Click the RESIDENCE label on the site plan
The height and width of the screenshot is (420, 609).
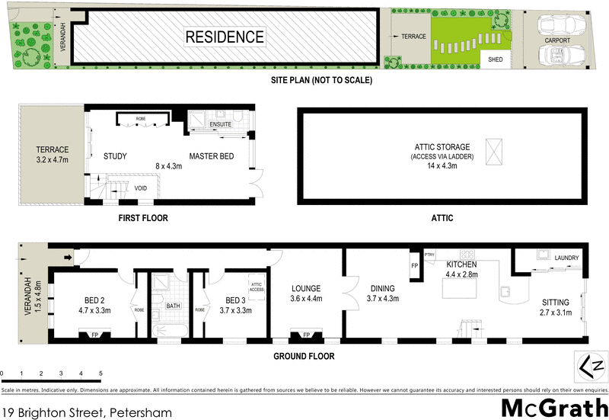[x=225, y=37]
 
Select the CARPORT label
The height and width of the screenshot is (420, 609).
[x=557, y=40]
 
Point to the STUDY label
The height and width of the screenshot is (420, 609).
[x=114, y=156]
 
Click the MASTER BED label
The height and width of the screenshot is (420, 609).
[x=212, y=156]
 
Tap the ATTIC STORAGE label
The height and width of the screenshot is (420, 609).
[x=442, y=146]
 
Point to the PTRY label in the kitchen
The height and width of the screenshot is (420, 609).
[x=429, y=255]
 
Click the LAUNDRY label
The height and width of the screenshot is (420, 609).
[x=566, y=258]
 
